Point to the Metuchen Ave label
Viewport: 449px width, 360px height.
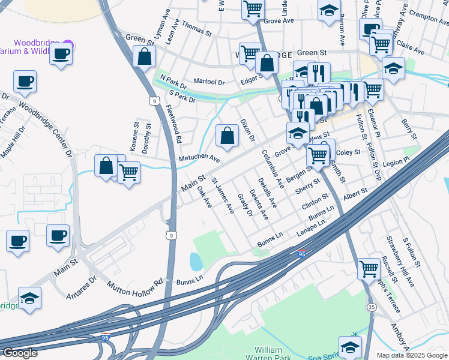[x=199, y=158]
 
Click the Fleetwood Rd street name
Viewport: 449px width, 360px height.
[x=174, y=124]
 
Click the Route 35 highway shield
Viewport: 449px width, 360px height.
[x=372, y=307]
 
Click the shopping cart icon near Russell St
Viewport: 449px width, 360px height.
[x=369, y=268]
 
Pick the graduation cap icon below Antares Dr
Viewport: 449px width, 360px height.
[x=29, y=298]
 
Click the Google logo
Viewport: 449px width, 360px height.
[x=20, y=353]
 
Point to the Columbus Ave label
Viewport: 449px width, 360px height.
[x=273, y=164]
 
